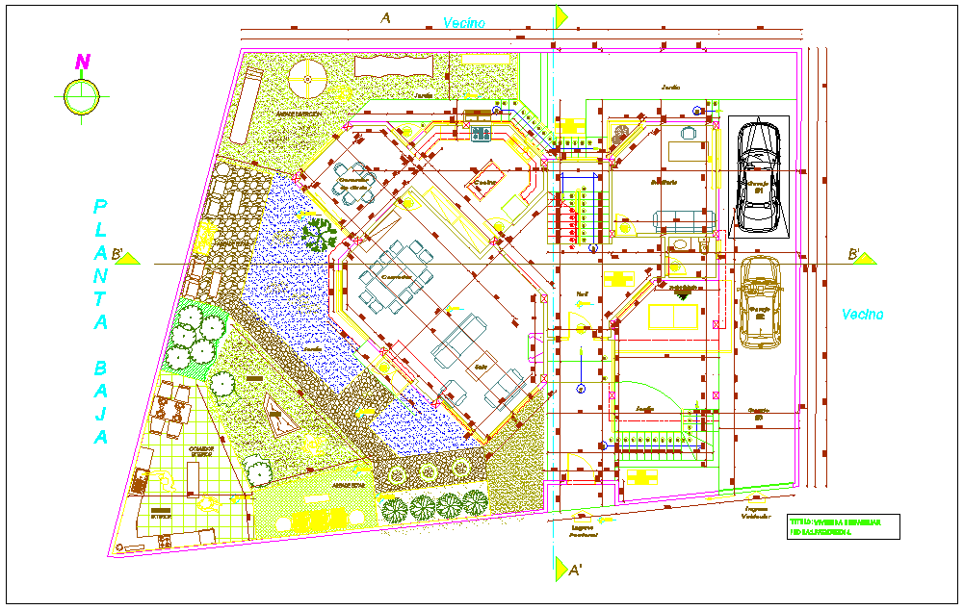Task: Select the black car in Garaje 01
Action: (x=759, y=176)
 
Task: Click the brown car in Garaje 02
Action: (x=760, y=301)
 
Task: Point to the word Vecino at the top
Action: (x=464, y=22)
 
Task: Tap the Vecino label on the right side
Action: (x=862, y=314)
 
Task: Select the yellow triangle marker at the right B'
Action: (x=866, y=257)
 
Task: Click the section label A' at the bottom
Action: (x=574, y=570)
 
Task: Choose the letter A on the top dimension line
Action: (x=385, y=17)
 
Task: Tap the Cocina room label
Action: (x=484, y=182)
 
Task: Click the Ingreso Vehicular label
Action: (x=758, y=512)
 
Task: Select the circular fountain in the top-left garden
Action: (x=307, y=80)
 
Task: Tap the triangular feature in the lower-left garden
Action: (x=278, y=418)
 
